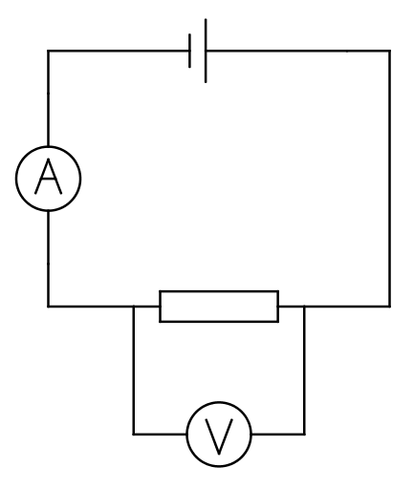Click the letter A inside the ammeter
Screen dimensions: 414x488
tap(48, 177)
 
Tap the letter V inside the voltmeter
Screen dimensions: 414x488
tap(219, 436)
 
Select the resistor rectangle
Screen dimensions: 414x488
tap(219, 307)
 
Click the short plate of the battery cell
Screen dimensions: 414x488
tap(189, 51)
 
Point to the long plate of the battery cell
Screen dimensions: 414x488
tap(206, 51)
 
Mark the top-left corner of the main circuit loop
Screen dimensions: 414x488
tap(48, 51)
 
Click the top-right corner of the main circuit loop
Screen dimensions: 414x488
tap(390, 51)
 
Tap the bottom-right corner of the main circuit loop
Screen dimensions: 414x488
tap(390, 307)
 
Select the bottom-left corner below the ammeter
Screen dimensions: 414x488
tap(48, 307)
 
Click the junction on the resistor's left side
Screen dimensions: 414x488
tap(134, 307)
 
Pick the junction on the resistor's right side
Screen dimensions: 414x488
tap(304, 307)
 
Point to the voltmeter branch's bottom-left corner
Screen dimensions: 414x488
tap(134, 434)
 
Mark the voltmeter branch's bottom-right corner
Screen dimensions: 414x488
tap(304, 434)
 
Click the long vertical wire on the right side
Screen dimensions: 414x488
tap(390, 179)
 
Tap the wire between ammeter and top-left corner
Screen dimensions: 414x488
tap(48, 98)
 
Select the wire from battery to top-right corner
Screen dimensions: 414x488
tap(298, 51)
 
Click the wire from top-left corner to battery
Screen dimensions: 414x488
tap(119, 51)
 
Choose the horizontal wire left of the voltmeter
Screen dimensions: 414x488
tap(160, 434)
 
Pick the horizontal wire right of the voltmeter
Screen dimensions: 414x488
tap(278, 434)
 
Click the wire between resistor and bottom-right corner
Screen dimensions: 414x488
tap(335, 307)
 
